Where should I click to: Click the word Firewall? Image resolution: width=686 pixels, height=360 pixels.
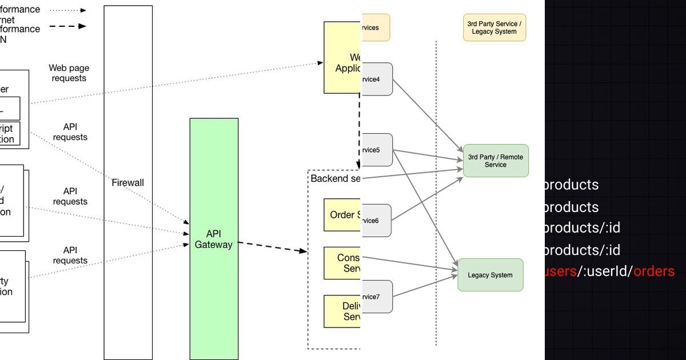click(128, 183)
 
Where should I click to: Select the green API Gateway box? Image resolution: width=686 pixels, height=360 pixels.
click(214, 239)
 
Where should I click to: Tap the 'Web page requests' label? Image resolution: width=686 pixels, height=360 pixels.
click(69, 73)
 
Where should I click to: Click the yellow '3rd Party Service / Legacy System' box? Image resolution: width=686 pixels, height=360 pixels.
click(494, 27)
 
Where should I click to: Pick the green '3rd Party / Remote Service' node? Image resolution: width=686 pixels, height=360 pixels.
click(495, 161)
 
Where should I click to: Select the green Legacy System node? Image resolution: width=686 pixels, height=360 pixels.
click(490, 275)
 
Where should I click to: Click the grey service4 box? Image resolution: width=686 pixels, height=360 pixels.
click(377, 79)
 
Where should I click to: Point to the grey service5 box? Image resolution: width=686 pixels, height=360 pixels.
click(377, 150)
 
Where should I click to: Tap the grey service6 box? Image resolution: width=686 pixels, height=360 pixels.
click(376, 221)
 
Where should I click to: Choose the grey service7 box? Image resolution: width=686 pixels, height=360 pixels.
click(377, 297)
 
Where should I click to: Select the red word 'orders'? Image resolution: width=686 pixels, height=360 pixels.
click(654, 271)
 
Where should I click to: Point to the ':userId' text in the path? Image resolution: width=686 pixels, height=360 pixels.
click(606, 271)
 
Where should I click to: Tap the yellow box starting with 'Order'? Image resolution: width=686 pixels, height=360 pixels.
click(342, 215)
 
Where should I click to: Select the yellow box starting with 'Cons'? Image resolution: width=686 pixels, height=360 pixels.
click(342, 263)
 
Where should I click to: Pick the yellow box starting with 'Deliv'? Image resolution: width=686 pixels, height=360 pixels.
click(342, 311)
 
